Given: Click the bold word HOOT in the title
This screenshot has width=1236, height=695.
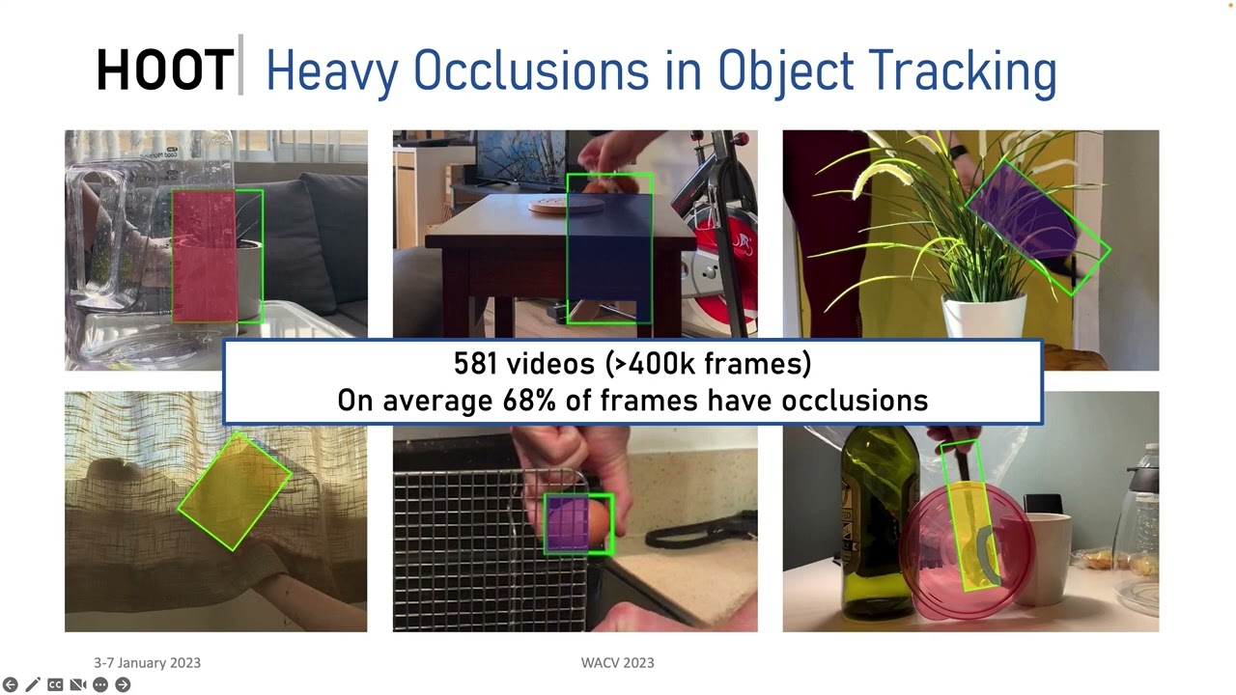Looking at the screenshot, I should pyautogui.click(x=164, y=70).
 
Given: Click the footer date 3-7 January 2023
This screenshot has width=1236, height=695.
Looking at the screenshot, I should pyautogui.click(x=147, y=663).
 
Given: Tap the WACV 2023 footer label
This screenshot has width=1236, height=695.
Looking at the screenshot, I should pyautogui.click(x=617, y=663).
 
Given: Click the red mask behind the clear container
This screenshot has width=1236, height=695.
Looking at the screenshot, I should pyautogui.click(x=204, y=257).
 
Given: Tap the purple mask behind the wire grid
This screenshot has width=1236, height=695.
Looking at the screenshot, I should pyautogui.click(x=567, y=522).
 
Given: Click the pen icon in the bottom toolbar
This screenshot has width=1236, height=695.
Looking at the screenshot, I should pyautogui.click(x=33, y=684).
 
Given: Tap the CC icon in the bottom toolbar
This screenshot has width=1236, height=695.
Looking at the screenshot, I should pyautogui.click(x=55, y=684).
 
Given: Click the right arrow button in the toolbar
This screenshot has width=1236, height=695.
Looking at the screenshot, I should pyautogui.click(x=123, y=684).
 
